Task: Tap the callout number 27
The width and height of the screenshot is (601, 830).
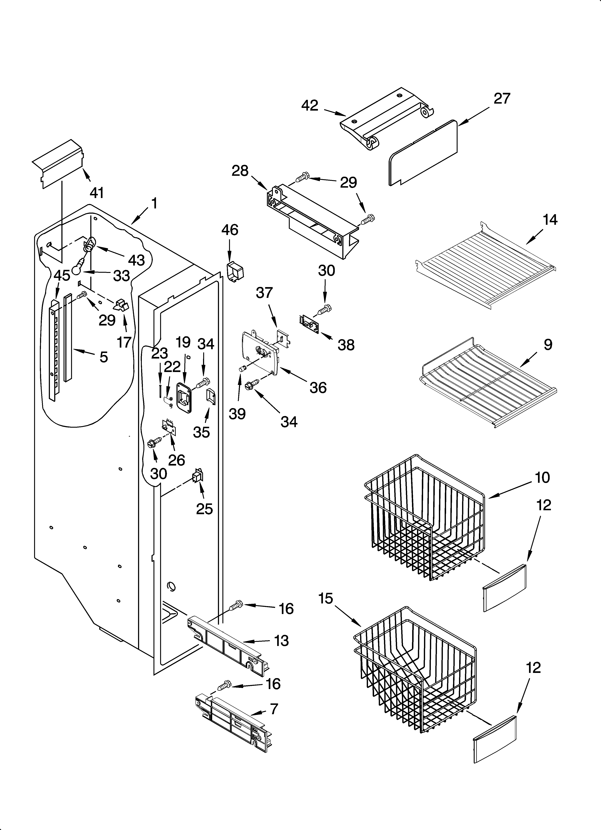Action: tap(502, 99)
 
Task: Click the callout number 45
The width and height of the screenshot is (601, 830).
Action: tap(62, 275)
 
